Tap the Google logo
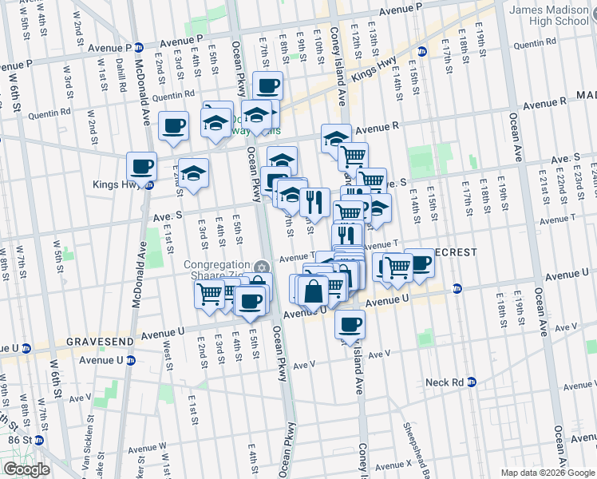click(26, 469)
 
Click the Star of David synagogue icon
click(260, 267)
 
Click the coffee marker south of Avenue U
click(350, 325)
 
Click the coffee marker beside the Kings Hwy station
click(142, 168)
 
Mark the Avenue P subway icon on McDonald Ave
click(138, 47)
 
